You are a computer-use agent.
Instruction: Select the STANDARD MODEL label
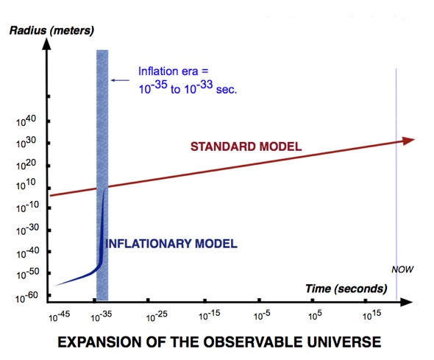pyautogui.click(x=246, y=147)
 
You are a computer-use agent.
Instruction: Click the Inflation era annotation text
pyautogui.click(x=185, y=80)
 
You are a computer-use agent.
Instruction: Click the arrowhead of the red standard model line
pyautogui.click(x=408, y=141)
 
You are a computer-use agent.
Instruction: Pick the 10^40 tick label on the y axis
pyautogui.click(x=28, y=119)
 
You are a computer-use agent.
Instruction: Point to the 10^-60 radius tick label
pyautogui.click(x=26, y=294)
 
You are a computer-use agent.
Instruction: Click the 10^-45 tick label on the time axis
pyautogui.click(x=61, y=317)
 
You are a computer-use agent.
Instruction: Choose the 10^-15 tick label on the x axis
pyautogui.click(x=210, y=317)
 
